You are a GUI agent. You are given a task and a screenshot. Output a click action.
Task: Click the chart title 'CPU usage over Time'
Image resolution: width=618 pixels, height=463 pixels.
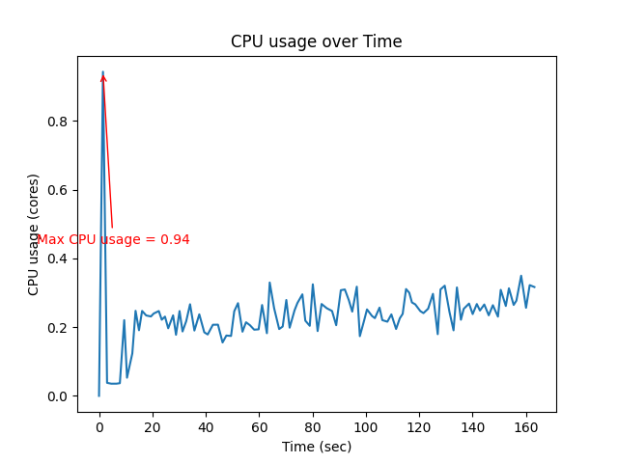[x=316, y=41]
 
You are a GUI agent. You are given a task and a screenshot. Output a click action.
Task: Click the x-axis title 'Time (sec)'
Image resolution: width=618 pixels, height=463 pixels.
[x=316, y=447]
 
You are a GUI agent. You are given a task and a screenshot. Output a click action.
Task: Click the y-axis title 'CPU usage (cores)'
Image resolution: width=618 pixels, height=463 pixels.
[x=34, y=234]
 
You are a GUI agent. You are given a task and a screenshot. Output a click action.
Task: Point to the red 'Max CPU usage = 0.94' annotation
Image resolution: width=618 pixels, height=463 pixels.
[x=113, y=239]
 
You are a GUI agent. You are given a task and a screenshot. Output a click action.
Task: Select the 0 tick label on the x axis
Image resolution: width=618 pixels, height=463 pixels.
[x=98, y=427]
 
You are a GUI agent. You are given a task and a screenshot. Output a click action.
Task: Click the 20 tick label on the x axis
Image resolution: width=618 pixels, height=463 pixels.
[x=153, y=427]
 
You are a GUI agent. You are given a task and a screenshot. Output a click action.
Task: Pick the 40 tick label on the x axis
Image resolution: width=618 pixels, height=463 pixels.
[x=206, y=427]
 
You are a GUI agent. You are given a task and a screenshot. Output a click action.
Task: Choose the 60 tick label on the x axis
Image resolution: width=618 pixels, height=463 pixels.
[x=259, y=427]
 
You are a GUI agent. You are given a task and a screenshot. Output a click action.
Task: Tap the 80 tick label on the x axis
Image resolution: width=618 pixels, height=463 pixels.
[x=312, y=427]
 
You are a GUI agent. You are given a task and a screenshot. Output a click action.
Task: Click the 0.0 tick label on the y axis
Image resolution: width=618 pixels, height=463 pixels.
[x=60, y=396]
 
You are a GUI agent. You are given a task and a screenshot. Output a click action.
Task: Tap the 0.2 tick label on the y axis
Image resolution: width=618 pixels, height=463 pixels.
[x=60, y=328]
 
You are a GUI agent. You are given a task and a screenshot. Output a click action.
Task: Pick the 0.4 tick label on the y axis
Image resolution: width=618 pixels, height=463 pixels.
[x=60, y=259]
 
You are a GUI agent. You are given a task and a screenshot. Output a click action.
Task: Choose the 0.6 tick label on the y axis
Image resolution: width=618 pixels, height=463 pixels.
[x=60, y=190]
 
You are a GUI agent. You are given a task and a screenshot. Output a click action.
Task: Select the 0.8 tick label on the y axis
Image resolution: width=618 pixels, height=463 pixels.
[x=60, y=122]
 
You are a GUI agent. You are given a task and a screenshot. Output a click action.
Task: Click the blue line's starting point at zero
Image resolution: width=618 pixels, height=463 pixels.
[x=98, y=395]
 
